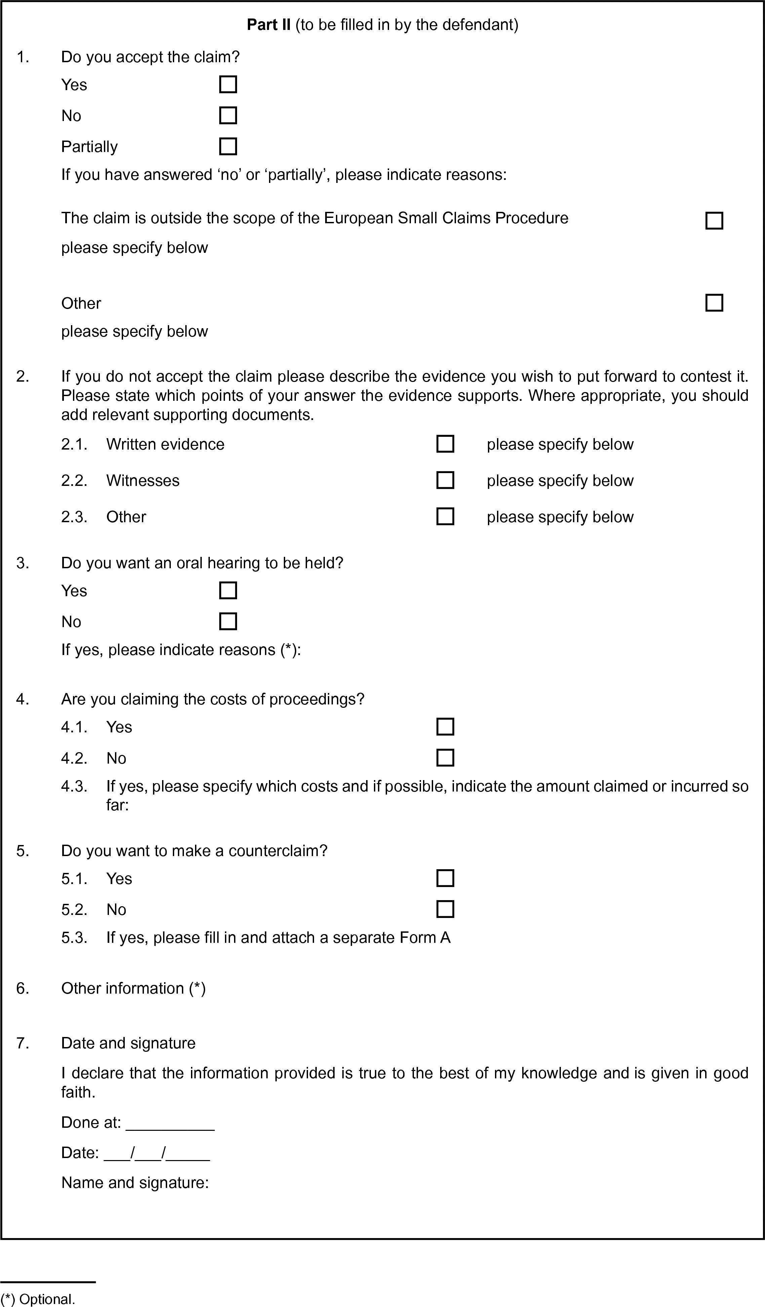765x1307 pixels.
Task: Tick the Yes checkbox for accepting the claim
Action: [228, 84]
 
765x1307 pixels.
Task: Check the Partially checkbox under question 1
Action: [228, 146]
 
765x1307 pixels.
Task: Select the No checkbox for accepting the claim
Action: [228, 115]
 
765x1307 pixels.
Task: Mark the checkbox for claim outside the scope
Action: [714, 221]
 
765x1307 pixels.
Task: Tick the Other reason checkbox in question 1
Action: [714, 303]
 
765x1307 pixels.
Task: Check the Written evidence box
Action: [445, 444]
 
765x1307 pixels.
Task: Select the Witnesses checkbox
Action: [445, 480]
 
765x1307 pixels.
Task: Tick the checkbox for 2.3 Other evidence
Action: [445, 516]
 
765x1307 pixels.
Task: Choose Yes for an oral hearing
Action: [228, 590]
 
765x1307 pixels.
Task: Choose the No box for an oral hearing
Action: [228, 621]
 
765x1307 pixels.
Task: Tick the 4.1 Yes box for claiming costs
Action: [445, 727]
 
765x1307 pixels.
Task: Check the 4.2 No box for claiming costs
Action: [445, 758]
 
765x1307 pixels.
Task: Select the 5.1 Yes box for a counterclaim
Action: [445, 878]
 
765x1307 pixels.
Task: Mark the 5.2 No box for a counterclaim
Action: [445, 909]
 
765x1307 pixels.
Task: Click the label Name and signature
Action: [135, 1183]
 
